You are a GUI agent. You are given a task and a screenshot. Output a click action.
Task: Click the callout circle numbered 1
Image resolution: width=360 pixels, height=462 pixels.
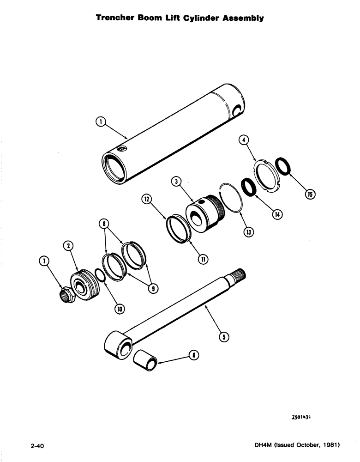click(100, 122)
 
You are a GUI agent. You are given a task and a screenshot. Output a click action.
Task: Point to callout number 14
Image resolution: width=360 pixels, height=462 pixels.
click(277, 214)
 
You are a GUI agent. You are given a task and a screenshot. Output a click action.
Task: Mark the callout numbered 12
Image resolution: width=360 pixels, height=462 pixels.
click(146, 199)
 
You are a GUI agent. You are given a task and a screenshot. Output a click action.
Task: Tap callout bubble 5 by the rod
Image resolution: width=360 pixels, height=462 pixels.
click(224, 337)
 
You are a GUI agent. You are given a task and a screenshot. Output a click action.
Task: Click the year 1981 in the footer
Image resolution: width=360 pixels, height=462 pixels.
click(330, 446)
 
